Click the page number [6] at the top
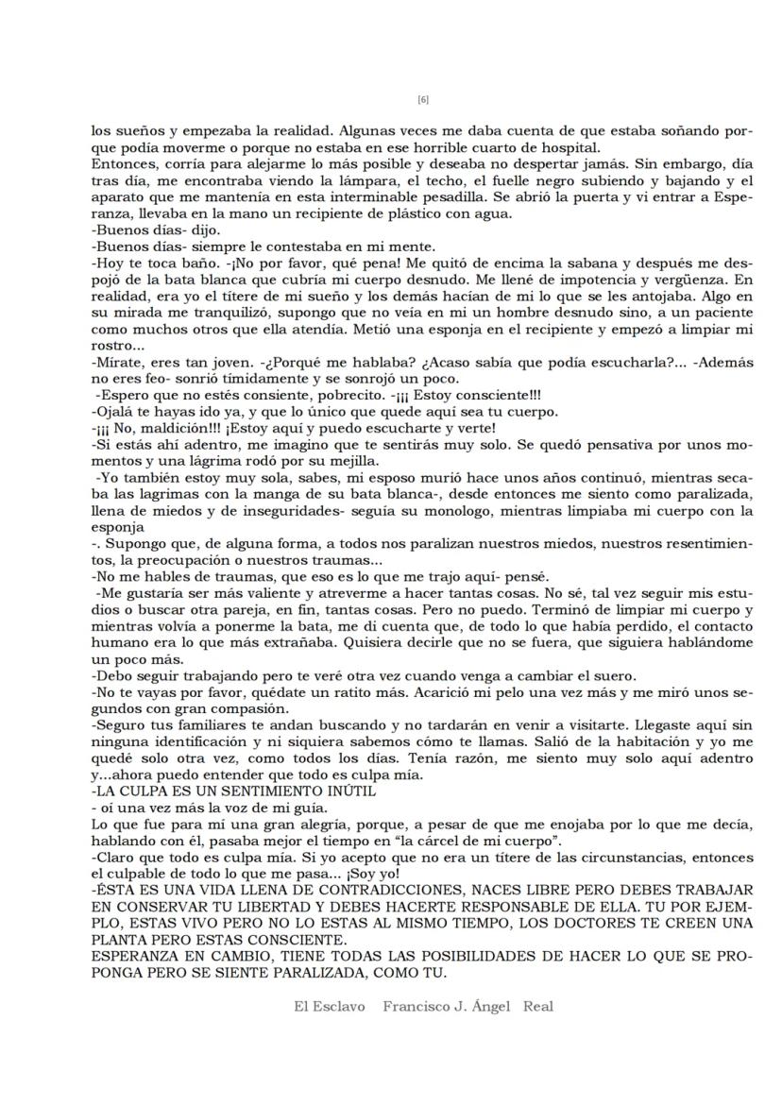tap(422, 99)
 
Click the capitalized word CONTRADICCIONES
tap(382, 891)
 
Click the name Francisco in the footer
tap(419, 1006)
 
